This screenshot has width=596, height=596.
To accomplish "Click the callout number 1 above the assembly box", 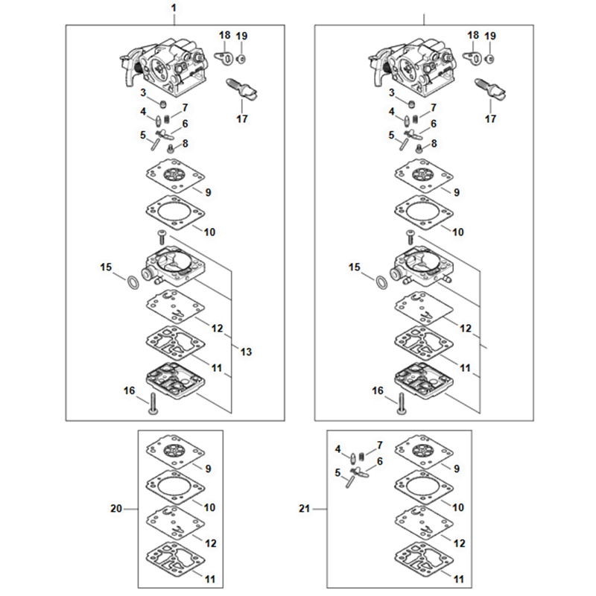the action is [174, 8].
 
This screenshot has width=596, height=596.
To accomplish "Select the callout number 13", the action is [246, 352].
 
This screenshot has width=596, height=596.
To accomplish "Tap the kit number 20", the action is [116, 509].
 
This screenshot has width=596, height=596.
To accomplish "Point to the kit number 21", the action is [304, 509].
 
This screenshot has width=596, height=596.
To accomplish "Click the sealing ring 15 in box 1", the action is [132, 283].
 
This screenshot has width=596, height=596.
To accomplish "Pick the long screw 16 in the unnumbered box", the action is [401, 404].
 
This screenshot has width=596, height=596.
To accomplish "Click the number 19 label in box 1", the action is [241, 36].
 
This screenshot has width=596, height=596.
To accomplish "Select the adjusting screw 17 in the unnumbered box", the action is [490, 89].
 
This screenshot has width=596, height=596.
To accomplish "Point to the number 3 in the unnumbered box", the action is [392, 92].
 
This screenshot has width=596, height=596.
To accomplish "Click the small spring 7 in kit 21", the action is [361, 456].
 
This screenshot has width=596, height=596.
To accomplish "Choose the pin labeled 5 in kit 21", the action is [350, 482].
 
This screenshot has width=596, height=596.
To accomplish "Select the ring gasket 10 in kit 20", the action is [175, 487].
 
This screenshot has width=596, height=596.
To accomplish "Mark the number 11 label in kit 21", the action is [459, 580].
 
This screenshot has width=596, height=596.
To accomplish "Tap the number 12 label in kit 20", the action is [211, 544].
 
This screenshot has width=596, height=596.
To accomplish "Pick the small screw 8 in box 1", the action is [171, 148].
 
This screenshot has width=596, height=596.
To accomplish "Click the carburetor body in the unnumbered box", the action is [413, 67].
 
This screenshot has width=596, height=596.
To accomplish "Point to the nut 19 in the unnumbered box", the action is [490, 59].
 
